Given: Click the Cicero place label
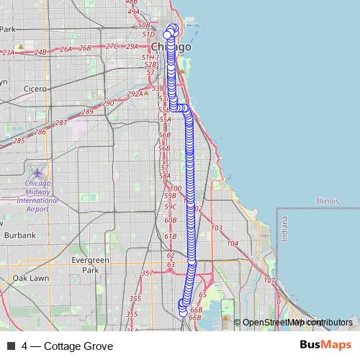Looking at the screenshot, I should point(34,89).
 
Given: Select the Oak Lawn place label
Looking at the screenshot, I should point(30,278).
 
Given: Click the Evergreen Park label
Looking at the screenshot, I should point(90,265).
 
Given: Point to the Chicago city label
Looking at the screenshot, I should point(171,47).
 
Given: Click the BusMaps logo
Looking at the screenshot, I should point(325,346).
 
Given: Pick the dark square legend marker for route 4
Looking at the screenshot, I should point(10,346).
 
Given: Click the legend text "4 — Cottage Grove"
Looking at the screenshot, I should point(67,346).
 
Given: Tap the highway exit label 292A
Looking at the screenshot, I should point(135,94).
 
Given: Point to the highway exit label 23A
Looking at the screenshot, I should point(9,53).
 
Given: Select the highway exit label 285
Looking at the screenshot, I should point(19,140).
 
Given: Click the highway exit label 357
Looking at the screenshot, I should point(147,274).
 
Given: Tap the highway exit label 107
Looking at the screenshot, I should point(269,281).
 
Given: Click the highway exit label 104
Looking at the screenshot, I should point(232,244).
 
